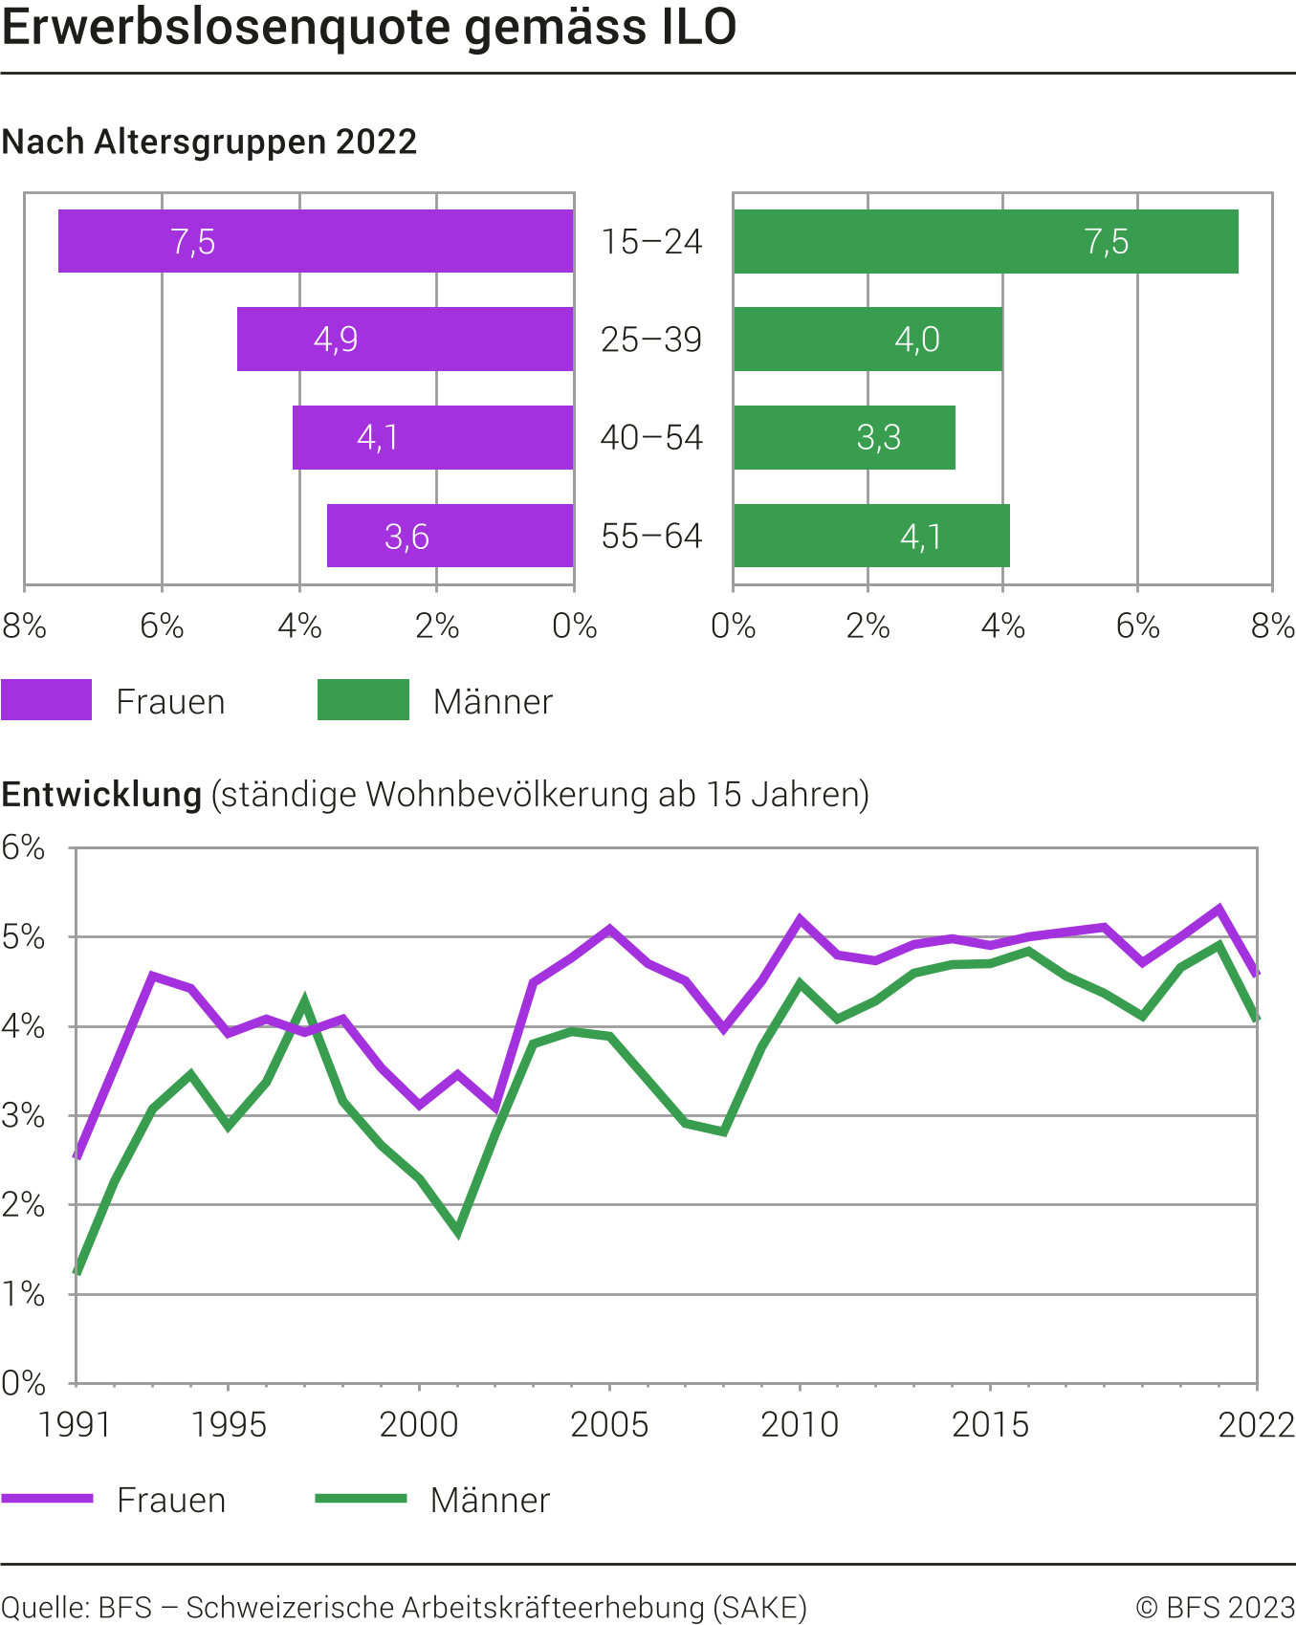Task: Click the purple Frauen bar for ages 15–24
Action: tap(316, 241)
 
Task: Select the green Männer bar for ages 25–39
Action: tap(868, 339)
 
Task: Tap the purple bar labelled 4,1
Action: tap(432, 437)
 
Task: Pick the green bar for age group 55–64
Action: tap(871, 536)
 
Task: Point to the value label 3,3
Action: tap(878, 437)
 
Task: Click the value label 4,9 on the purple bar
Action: tap(336, 340)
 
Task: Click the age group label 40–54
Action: tap(651, 438)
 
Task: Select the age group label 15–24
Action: tap(651, 242)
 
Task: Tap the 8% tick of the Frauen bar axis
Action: tap(24, 626)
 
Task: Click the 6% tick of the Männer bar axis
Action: tap(1137, 626)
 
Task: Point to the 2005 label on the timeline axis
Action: tap(609, 1425)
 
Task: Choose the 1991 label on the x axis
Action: tap(75, 1425)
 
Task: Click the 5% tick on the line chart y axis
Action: tap(24, 937)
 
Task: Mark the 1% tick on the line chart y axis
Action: tap(24, 1294)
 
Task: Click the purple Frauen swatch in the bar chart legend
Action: tap(46, 700)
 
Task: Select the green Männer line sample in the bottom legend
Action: tap(362, 1499)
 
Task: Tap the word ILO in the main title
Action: tap(698, 27)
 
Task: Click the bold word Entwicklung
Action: tap(101, 795)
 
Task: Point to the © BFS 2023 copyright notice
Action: tap(1215, 1607)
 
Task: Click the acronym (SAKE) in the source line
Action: tap(760, 1607)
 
